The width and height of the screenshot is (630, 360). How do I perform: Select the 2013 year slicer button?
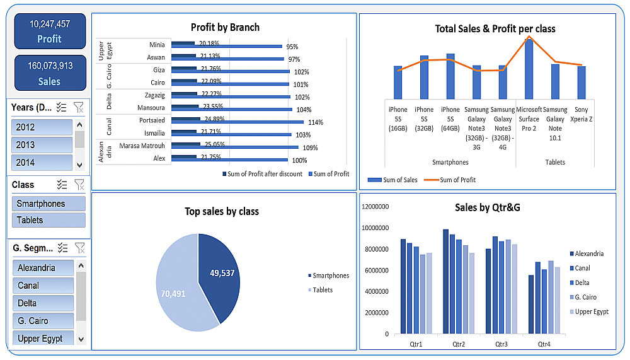click(x=42, y=144)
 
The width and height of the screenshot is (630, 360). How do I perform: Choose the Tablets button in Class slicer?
click(x=48, y=220)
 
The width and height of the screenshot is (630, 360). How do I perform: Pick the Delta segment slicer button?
click(x=42, y=303)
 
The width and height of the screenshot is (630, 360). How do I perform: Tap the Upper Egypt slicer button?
click(x=42, y=339)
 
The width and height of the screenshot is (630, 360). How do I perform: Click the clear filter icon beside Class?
click(x=79, y=184)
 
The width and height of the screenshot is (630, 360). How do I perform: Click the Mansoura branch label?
click(x=152, y=108)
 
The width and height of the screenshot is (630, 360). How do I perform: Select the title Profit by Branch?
click(x=225, y=27)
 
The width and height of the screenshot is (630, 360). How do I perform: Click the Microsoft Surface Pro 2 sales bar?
click(x=529, y=67)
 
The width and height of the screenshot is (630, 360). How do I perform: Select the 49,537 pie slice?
click(x=220, y=277)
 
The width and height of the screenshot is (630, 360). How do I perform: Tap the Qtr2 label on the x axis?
click(x=459, y=344)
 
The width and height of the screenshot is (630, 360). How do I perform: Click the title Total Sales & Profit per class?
click(x=495, y=28)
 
